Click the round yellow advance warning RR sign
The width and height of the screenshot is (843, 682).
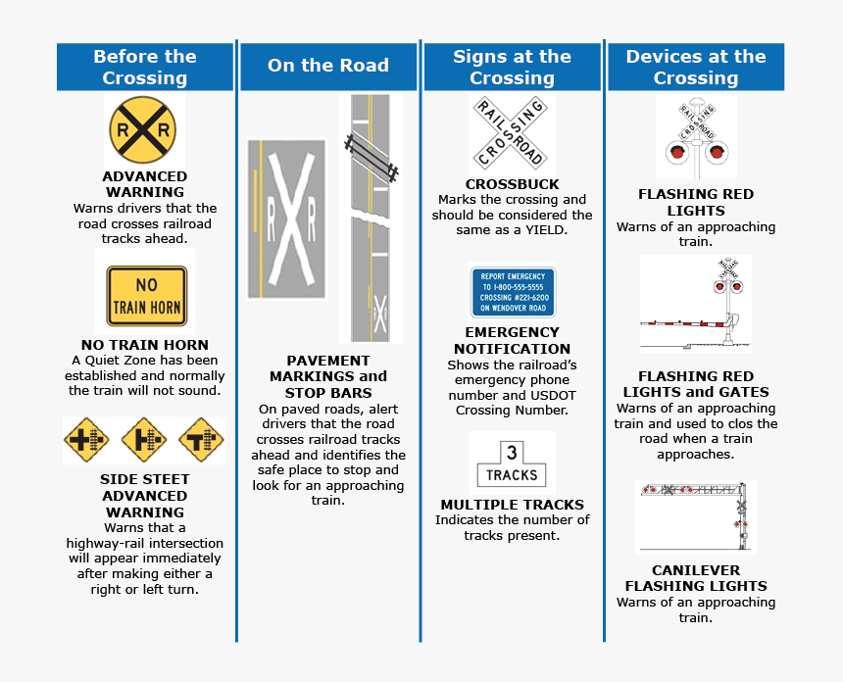pos(144,129)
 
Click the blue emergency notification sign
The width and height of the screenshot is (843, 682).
pos(512,292)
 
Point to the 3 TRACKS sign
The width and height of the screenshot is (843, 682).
pos(512,463)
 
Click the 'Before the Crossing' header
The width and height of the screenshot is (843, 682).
pos(145,68)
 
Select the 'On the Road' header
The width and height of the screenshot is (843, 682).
pos(328,67)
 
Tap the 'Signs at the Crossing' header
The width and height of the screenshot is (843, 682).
pos(512,68)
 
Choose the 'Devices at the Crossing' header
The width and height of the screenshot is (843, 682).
pos(696,68)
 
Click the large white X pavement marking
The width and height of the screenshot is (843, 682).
pos(286,218)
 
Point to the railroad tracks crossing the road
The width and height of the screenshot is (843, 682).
pos(371,157)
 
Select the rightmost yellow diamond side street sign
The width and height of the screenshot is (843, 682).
pos(201,441)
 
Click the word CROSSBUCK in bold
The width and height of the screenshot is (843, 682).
pos(512,184)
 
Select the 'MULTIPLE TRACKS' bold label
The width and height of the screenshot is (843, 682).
pos(512,505)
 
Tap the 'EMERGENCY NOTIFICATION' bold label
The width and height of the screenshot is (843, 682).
pos(512,340)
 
